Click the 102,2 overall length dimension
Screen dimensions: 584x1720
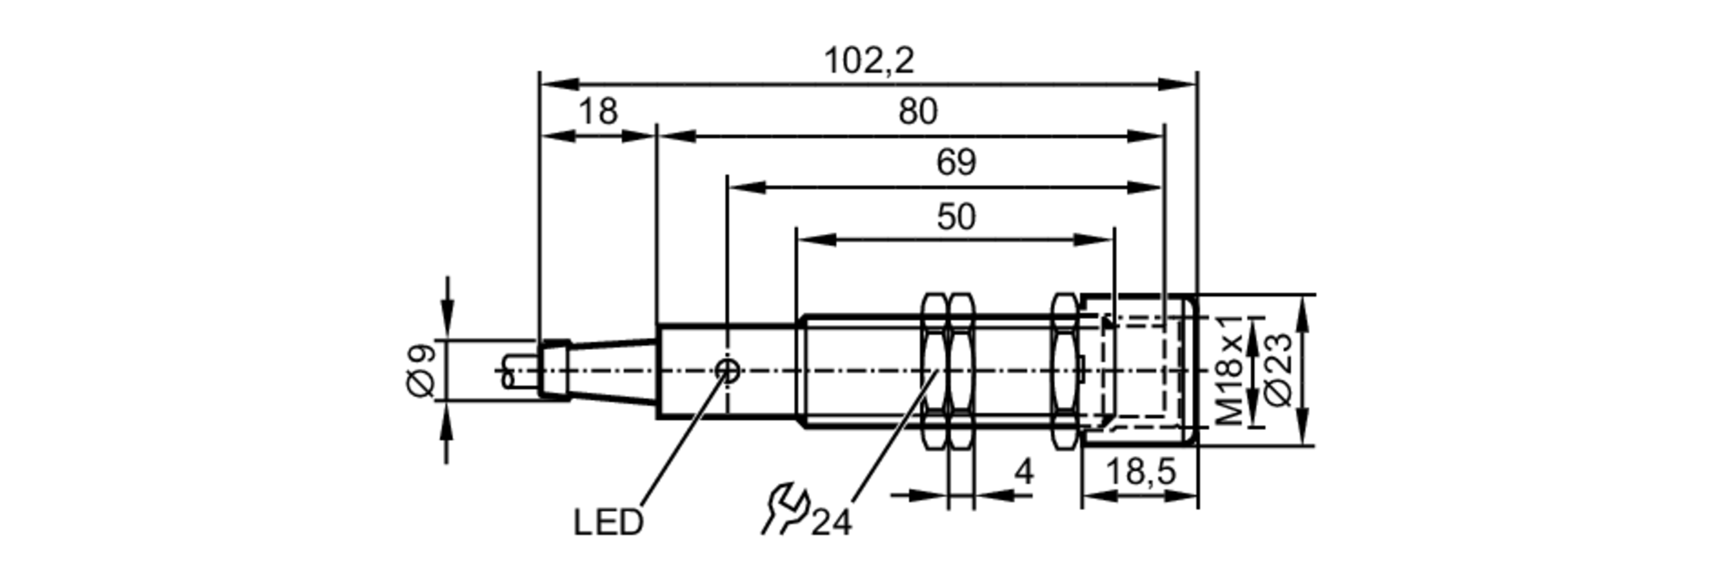869,61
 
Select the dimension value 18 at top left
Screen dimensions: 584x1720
598,112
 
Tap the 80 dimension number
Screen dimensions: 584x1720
918,112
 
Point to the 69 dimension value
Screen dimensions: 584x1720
955,163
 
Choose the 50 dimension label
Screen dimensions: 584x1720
955,217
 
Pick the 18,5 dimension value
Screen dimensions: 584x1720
1139,471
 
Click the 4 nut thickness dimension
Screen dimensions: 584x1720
1023,471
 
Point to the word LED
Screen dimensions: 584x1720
608,522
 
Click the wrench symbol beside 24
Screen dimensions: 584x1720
784,509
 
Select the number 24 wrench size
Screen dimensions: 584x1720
831,522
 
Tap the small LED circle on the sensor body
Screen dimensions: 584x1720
728,371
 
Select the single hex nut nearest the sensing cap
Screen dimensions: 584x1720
1064,371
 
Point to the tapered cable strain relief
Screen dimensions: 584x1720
612,371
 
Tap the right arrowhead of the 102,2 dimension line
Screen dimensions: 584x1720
1178,84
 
